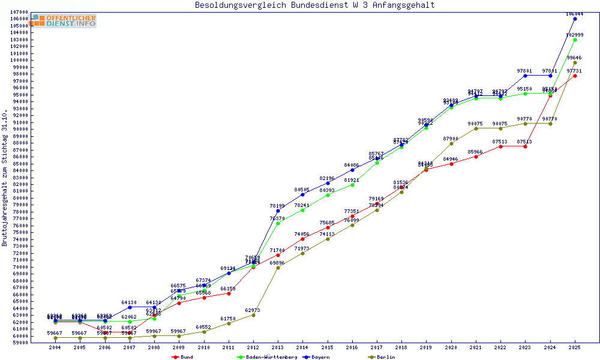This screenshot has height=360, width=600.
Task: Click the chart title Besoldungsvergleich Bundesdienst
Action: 314,5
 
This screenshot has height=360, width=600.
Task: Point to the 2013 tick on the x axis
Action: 278,347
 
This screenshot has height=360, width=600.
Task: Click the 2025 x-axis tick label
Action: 575,347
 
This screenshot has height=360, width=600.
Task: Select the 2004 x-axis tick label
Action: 55,347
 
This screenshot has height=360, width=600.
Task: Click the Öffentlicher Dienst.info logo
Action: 64,21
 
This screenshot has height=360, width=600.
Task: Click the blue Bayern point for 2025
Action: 575,19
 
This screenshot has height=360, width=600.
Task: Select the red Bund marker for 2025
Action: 575,76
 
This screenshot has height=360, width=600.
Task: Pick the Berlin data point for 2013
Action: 278,268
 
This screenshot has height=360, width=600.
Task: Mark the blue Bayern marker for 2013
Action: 278,211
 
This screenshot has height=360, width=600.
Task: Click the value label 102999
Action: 575,35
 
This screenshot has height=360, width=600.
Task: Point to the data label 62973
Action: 253,310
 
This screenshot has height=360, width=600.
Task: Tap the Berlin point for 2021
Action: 476,128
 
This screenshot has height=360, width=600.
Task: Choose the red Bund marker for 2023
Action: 525,146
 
